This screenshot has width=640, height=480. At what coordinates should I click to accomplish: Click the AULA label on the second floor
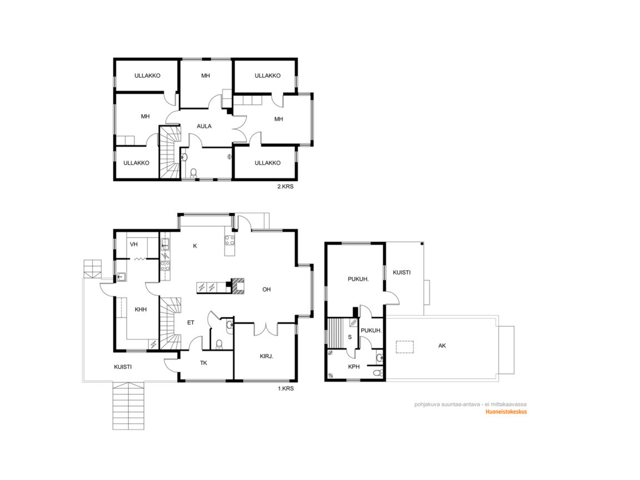pos(204,126)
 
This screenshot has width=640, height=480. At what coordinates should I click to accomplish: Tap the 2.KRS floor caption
pos(286,187)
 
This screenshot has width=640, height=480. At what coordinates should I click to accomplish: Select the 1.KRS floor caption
pos(286,388)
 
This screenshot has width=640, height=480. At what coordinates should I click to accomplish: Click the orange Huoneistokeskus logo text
pos(506,412)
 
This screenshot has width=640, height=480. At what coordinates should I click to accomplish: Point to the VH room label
pos(133,244)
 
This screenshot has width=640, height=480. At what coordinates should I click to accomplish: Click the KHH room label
pos(141,309)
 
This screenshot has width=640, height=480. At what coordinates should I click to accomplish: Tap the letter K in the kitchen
pos(195,246)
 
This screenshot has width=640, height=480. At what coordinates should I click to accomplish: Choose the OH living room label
pos(267,289)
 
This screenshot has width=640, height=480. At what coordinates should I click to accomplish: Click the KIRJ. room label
pos(267,356)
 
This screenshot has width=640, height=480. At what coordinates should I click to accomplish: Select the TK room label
pos(204,363)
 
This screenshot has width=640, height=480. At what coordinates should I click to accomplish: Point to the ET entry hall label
pos(191,322)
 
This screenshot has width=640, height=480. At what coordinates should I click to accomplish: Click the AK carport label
pos(442,346)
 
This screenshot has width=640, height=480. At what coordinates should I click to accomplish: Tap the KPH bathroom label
pos(354,367)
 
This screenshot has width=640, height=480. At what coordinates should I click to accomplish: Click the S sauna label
pos(350,337)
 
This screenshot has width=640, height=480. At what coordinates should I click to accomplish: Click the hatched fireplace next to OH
pos(238,286)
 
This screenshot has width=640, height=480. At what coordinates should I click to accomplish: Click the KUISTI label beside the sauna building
pos(402,272)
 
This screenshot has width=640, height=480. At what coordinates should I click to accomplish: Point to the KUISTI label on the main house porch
pos(123,367)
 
